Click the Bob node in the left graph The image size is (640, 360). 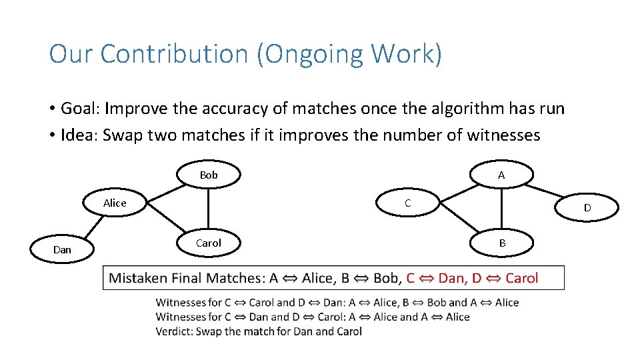[209, 175]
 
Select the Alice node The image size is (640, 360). [115, 203]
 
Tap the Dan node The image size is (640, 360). [62, 249]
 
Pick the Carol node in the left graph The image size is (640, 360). [209, 243]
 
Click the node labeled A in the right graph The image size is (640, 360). [501, 175]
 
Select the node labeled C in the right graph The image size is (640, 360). [408, 203]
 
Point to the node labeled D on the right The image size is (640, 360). [587, 208]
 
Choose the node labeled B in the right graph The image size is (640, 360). [502, 243]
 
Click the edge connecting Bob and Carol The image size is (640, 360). [209, 209]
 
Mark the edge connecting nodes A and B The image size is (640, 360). [501, 209]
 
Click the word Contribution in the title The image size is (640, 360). [174, 54]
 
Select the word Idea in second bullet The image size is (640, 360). [78, 135]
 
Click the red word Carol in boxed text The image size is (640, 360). [521, 278]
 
